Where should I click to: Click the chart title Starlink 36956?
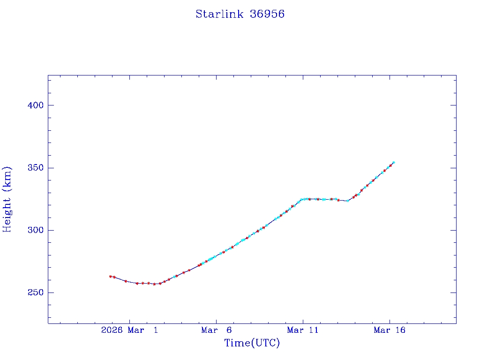pos(240,14)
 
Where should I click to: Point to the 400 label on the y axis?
pos(35,105)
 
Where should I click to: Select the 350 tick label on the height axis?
pos(35,168)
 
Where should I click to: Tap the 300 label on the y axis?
pos(35,230)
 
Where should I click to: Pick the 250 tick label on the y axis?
pos(35,292)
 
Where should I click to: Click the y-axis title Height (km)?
pos(7,199)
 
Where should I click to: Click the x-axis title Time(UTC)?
pos(252,343)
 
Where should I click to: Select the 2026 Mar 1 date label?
pos(129,330)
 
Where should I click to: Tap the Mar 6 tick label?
pos(216,330)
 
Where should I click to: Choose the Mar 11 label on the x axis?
pos(303,330)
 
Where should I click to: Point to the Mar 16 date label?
pos(390,330)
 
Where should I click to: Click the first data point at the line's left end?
pos(110,276)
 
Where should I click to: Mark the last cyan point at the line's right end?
pos(394,162)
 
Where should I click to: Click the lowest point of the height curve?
pos(154,284)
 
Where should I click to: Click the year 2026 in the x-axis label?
pos(112,330)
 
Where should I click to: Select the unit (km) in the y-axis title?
pos(7,180)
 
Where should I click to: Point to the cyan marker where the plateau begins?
pos(301,199)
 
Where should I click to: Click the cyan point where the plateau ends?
pos(348,201)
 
